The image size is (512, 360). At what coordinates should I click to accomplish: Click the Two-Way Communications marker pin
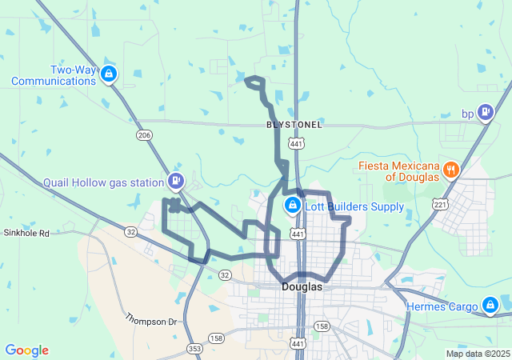109,75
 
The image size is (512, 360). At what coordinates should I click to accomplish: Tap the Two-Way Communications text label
54,75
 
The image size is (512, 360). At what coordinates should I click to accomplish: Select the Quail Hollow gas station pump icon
176,181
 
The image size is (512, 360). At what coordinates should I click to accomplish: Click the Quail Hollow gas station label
103,182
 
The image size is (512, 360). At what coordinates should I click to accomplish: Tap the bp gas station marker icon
485,113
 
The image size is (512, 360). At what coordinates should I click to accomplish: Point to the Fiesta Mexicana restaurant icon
451,170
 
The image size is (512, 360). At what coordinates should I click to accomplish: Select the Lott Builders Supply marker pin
293,207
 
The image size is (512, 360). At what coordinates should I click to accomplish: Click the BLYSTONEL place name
294,126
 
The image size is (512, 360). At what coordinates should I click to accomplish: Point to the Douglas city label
302,286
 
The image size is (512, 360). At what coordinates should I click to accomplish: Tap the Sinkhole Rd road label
26,234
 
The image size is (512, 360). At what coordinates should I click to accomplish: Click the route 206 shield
144,135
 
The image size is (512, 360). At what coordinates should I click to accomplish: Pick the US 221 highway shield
439,203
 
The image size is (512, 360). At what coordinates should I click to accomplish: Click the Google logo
26,350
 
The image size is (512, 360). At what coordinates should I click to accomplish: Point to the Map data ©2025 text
477,354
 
